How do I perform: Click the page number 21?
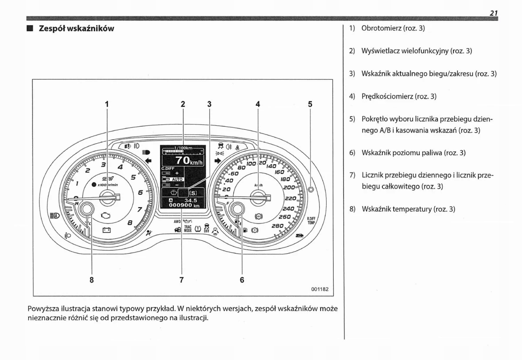point(493,13)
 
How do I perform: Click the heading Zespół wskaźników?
point(76,29)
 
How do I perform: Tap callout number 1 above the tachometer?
point(107,104)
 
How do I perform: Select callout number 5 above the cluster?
point(310,104)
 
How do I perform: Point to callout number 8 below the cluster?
point(91,280)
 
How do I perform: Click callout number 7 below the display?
point(182,280)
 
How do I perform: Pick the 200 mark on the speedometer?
point(289,188)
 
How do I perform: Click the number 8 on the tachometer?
point(130,222)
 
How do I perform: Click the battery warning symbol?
point(107,230)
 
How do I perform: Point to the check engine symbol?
point(107,215)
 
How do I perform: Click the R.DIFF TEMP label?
point(311,220)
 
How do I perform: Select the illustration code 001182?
point(319,289)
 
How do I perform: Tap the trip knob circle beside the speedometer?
point(311,189)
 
